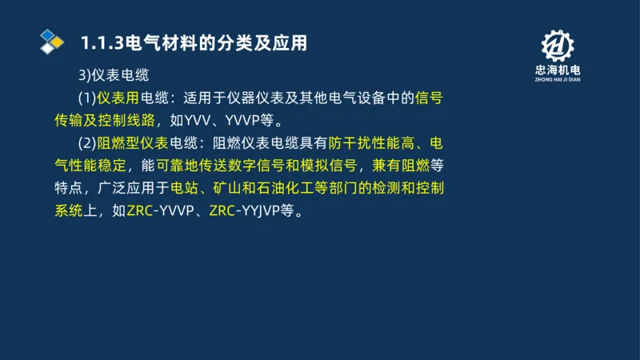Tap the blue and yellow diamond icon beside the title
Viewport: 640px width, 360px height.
pyautogui.click(x=51, y=41)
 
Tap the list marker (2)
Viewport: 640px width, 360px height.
pyautogui.click(x=87, y=144)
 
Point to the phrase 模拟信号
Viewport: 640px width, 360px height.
pyautogui.click(x=326, y=166)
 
